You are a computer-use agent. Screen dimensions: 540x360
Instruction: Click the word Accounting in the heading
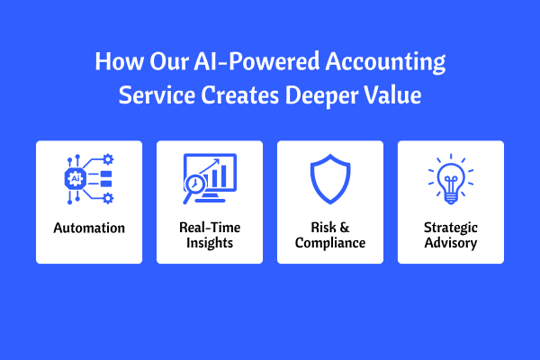pos(385,62)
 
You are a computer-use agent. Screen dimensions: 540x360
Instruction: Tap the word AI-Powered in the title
pos(256,61)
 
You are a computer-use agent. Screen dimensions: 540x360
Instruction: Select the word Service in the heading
pos(157,95)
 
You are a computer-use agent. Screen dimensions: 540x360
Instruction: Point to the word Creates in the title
pos(240,95)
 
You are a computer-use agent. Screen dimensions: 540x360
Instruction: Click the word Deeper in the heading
pos(321,96)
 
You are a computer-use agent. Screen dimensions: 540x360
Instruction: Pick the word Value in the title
pos(392,95)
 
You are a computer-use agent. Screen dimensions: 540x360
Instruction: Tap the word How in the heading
pos(119,61)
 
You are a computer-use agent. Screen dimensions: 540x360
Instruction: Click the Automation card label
pos(89,228)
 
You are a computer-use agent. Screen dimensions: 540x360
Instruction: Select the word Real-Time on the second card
pos(210,228)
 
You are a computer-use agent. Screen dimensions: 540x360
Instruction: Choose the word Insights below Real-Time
pos(210,243)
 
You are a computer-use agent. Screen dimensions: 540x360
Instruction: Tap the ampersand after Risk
pos(345,228)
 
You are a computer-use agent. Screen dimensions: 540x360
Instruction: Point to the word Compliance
pos(330,243)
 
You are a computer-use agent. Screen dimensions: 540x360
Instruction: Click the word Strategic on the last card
pos(451,228)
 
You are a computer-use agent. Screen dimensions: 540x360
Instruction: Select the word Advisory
pos(451,243)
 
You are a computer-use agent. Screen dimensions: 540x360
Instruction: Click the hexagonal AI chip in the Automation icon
pos(76,178)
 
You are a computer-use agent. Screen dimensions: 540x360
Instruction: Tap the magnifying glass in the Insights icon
pos(193,187)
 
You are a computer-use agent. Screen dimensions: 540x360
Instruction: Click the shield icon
pos(330,179)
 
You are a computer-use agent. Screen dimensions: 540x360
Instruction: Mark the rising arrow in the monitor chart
pos(210,167)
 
